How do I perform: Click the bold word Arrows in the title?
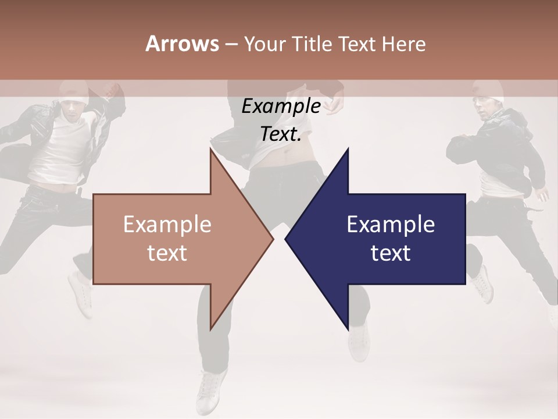click(183, 44)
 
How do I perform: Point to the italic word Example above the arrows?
click(281, 106)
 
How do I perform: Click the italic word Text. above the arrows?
click(281, 134)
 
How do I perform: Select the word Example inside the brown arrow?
click(167, 225)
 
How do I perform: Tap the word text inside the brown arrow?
click(167, 253)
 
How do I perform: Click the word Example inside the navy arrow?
click(391, 225)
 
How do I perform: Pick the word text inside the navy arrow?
click(391, 253)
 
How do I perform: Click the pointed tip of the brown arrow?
click(272, 239)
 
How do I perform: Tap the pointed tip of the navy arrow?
click(286, 239)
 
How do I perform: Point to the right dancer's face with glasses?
click(485, 108)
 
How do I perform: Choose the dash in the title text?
click(231, 44)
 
